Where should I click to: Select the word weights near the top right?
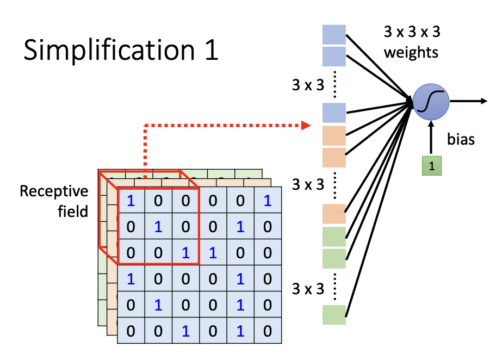[x=411, y=53]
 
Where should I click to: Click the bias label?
[x=461, y=139]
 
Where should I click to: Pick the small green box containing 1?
[x=432, y=166]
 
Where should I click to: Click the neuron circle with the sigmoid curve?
[x=431, y=101]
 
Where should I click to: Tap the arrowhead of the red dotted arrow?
[x=307, y=126]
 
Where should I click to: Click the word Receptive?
[x=54, y=191]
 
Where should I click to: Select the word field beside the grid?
[x=73, y=211]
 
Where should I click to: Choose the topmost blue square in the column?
[x=334, y=34]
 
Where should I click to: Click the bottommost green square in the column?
[x=334, y=315]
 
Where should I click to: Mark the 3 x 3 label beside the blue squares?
[x=308, y=85]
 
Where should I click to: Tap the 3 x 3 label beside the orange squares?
[x=308, y=184]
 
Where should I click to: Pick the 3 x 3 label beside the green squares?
[x=308, y=289]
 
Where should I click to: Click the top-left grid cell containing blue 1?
[x=131, y=200]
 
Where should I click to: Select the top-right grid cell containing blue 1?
[x=266, y=200]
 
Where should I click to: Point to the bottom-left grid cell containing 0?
[x=131, y=331]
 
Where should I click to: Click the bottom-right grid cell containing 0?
[x=266, y=331]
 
